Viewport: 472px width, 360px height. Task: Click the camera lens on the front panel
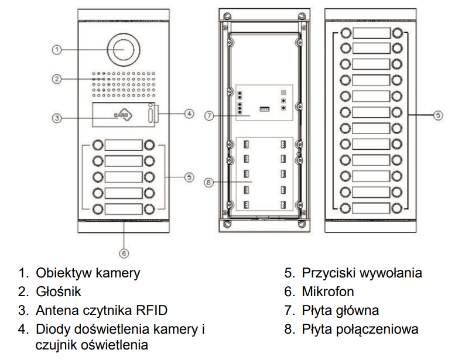tap(124, 50)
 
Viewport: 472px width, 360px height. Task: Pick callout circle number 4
tap(189, 114)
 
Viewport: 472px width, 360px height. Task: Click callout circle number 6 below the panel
tap(124, 253)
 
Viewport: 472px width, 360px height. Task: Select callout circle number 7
tap(210, 115)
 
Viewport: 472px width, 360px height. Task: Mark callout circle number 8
tap(210, 182)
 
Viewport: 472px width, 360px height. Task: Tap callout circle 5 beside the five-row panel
tap(189, 177)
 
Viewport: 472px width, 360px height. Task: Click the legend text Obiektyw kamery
tap(88, 273)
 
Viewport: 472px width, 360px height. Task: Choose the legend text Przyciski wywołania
tap(362, 273)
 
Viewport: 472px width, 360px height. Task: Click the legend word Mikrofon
tap(328, 292)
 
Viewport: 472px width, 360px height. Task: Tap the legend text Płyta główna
tap(340, 310)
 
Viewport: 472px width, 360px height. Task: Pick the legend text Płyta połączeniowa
tap(360, 329)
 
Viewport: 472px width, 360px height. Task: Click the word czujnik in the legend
tap(56, 345)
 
